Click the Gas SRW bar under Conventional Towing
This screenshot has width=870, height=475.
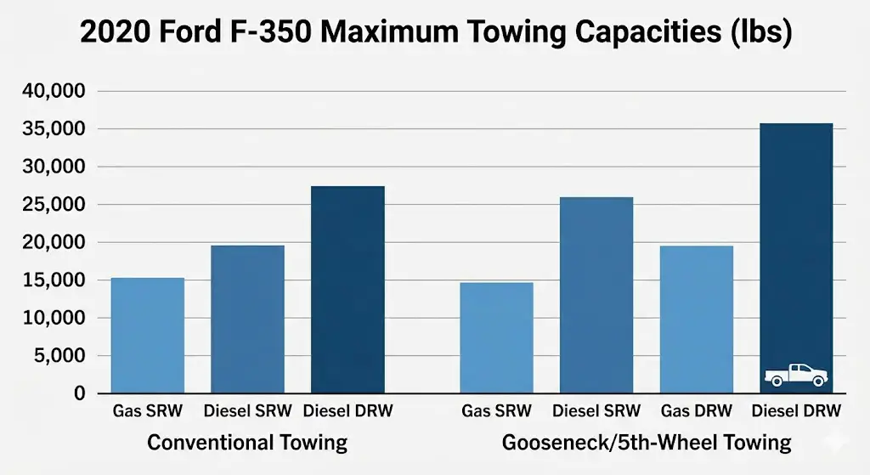point(148,336)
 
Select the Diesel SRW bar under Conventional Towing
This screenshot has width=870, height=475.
point(247,319)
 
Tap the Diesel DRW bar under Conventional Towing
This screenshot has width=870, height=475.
point(347,289)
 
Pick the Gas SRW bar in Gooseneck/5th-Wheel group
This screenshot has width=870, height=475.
point(496,337)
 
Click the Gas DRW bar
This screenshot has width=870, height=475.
point(697,319)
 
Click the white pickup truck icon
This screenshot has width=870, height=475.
point(796,375)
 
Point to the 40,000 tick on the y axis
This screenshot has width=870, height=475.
point(56,91)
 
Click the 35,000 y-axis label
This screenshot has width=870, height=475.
point(56,129)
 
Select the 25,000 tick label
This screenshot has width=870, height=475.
point(56,205)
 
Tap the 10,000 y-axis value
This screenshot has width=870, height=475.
point(56,318)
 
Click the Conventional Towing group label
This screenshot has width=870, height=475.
point(247,443)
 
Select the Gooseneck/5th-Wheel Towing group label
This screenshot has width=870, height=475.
point(647,443)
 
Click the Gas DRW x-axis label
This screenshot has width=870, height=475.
point(697,411)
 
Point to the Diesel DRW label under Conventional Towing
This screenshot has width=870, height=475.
point(347,411)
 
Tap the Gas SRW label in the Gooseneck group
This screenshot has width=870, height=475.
point(496,411)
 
